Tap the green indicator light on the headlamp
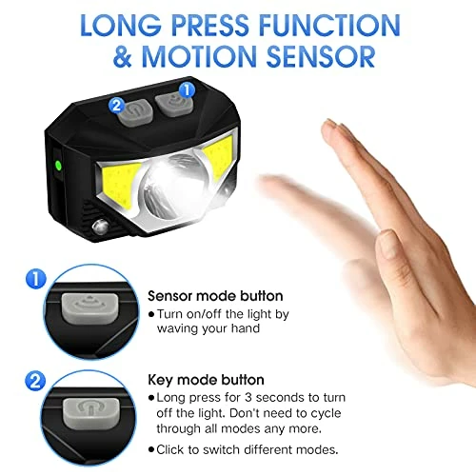59,165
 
